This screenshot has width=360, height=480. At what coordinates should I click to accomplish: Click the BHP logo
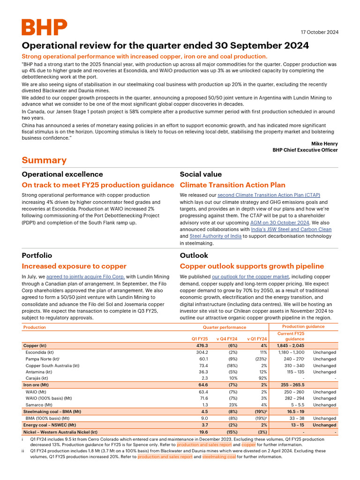coord(44,28)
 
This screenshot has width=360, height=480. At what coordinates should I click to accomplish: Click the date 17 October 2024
coord(319,32)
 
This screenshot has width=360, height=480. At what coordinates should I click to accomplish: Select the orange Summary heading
coord(44,160)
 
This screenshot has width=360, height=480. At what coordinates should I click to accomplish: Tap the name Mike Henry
coord(324,143)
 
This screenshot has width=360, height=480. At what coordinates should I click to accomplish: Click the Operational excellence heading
coord(62,174)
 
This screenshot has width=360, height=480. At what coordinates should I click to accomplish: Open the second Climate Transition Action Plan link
coord(269,195)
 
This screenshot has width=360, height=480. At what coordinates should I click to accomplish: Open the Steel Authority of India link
coord(216,236)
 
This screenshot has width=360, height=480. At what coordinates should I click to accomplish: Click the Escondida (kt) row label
coord(40,352)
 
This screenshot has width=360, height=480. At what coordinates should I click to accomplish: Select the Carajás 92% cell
coord(262,378)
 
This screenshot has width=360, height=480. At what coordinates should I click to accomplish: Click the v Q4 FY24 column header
coord(227,339)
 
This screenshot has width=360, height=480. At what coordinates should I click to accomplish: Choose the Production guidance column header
coord(303,326)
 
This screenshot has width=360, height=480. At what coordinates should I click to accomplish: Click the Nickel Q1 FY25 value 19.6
coord(202,432)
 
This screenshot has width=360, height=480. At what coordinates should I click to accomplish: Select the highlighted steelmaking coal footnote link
coord(219,457)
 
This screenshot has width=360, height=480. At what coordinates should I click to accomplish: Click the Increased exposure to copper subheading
coord(74,266)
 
